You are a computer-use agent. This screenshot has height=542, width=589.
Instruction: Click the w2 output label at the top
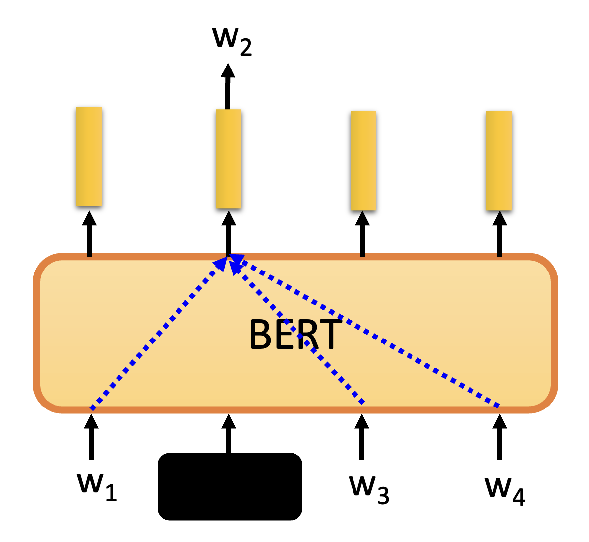pyautogui.click(x=232, y=40)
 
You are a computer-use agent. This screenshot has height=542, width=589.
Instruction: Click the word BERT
pyautogui.click(x=295, y=335)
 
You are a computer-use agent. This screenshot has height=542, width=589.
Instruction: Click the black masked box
pyautogui.click(x=230, y=486)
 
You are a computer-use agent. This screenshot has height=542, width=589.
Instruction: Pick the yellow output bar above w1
pyautogui.click(x=89, y=156)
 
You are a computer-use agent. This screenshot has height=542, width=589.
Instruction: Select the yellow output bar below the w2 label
pyautogui.click(x=229, y=159)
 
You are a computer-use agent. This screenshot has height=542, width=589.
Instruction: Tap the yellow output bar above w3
pyautogui.click(x=363, y=160)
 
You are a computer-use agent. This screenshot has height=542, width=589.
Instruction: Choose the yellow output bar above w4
pyautogui.click(x=499, y=160)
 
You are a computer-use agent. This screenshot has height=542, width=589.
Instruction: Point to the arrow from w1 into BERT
pyautogui.click(x=90, y=437)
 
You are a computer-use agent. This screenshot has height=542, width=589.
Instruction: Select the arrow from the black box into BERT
pyautogui.click(x=228, y=433)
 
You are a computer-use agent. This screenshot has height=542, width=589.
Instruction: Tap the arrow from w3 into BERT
pyautogui.click(x=362, y=437)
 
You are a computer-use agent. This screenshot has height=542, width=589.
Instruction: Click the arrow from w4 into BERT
pyautogui.click(x=499, y=437)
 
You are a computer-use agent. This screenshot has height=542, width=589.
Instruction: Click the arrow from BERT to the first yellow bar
pyautogui.click(x=89, y=233)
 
